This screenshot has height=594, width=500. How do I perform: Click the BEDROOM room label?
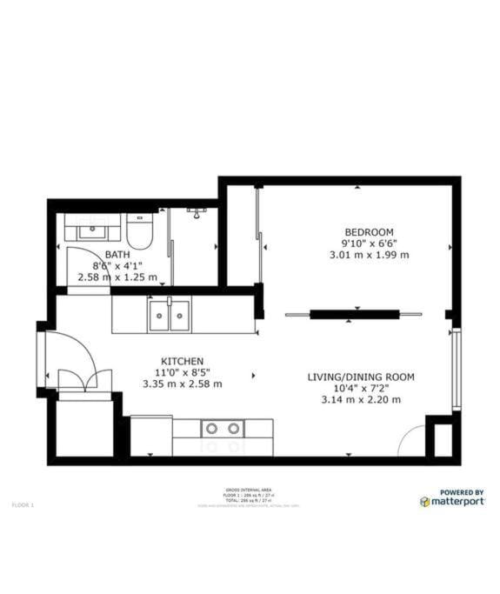click(x=369, y=231)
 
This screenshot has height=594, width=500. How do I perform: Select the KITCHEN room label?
click(x=183, y=361)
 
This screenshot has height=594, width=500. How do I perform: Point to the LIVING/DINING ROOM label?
click(x=361, y=377)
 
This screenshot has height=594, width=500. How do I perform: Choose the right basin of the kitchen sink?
click(x=180, y=315)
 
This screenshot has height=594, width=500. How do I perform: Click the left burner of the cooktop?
click(x=211, y=428)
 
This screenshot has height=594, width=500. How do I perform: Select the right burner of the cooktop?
click(x=234, y=428)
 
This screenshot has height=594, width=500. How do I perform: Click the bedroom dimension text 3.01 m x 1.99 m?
click(x=369, y=255)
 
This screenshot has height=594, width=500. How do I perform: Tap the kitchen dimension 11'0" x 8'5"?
click(x=182, y=372)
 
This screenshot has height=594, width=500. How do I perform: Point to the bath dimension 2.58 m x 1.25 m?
click(x=117, y=277)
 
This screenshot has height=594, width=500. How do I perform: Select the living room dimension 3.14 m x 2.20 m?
click(x=360, y=399)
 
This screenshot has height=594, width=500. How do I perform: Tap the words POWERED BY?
click(x=462, y=491)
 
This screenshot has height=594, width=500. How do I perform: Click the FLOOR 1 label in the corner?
click(x=22, y=504)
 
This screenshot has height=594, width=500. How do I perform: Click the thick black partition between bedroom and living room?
click(x=355, y=314)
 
